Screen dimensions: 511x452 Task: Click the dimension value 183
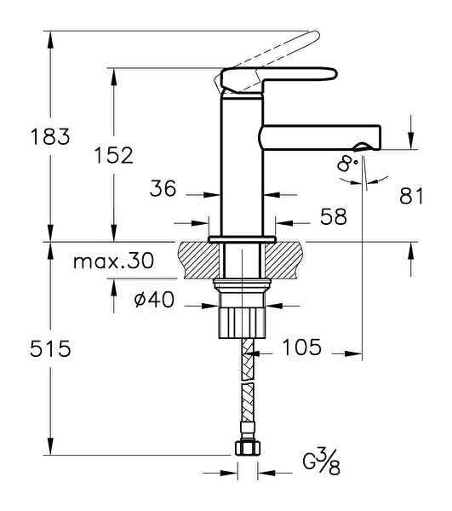click(49, 136)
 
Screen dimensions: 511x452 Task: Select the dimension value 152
click(112, 156)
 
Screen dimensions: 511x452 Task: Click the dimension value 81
click(411, 197)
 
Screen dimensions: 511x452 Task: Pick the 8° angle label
click(346, 163)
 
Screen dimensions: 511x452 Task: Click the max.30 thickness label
click(113, 261)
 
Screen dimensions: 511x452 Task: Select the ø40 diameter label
click(165, 300)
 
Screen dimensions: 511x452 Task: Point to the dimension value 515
click(49, 348)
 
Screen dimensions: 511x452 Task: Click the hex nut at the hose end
click(247, 449)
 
